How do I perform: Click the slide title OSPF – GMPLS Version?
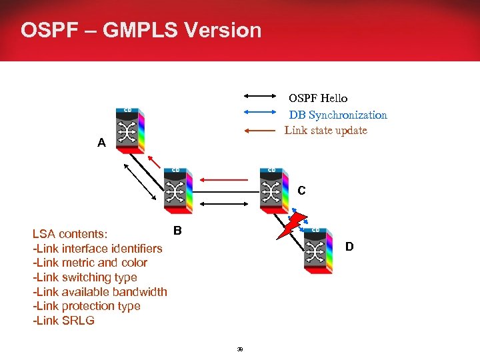(x=141, y=30)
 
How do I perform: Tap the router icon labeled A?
(x=130, y=129)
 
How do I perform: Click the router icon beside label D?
(x=317, y=250)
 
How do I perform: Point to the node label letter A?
(x=101, y=143)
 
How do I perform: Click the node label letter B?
(x=177, y=231)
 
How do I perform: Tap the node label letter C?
(x=301, y=191)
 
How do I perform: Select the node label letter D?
(x=349, y=247)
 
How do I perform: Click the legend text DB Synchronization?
(x=338, y=115)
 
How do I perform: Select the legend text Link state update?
(x=326, y=130)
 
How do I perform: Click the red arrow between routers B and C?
(x=225, y=179)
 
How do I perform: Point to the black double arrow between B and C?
(x=225, y=203)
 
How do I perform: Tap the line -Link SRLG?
(x=63, y=321)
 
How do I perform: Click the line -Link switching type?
(x=85, y=277)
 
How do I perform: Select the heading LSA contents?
(x=73, y=234)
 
